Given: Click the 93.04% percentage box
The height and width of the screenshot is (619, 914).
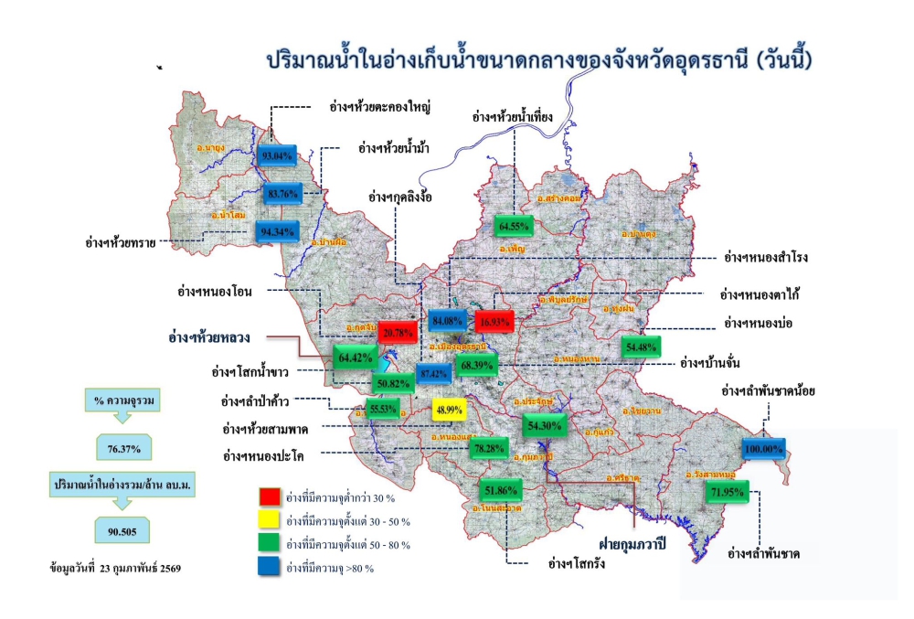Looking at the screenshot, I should [x=277, y=155].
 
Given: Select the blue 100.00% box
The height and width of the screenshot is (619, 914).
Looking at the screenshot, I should [x=763, y=449].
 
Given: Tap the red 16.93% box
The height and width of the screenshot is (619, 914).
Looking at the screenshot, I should [x=494, y=321].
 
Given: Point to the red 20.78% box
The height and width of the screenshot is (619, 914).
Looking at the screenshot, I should [x=399, y=332].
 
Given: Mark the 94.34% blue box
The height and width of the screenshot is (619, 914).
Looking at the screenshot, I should [x=277, y=231].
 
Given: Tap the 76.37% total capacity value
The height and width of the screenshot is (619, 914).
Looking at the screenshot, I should [x=125, y=449].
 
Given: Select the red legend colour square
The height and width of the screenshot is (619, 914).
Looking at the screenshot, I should [x=269, y=496].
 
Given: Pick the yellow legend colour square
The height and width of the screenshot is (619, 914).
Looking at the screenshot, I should [x=269, y=520].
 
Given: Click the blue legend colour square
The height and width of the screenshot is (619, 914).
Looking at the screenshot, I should [x=269, y=568].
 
